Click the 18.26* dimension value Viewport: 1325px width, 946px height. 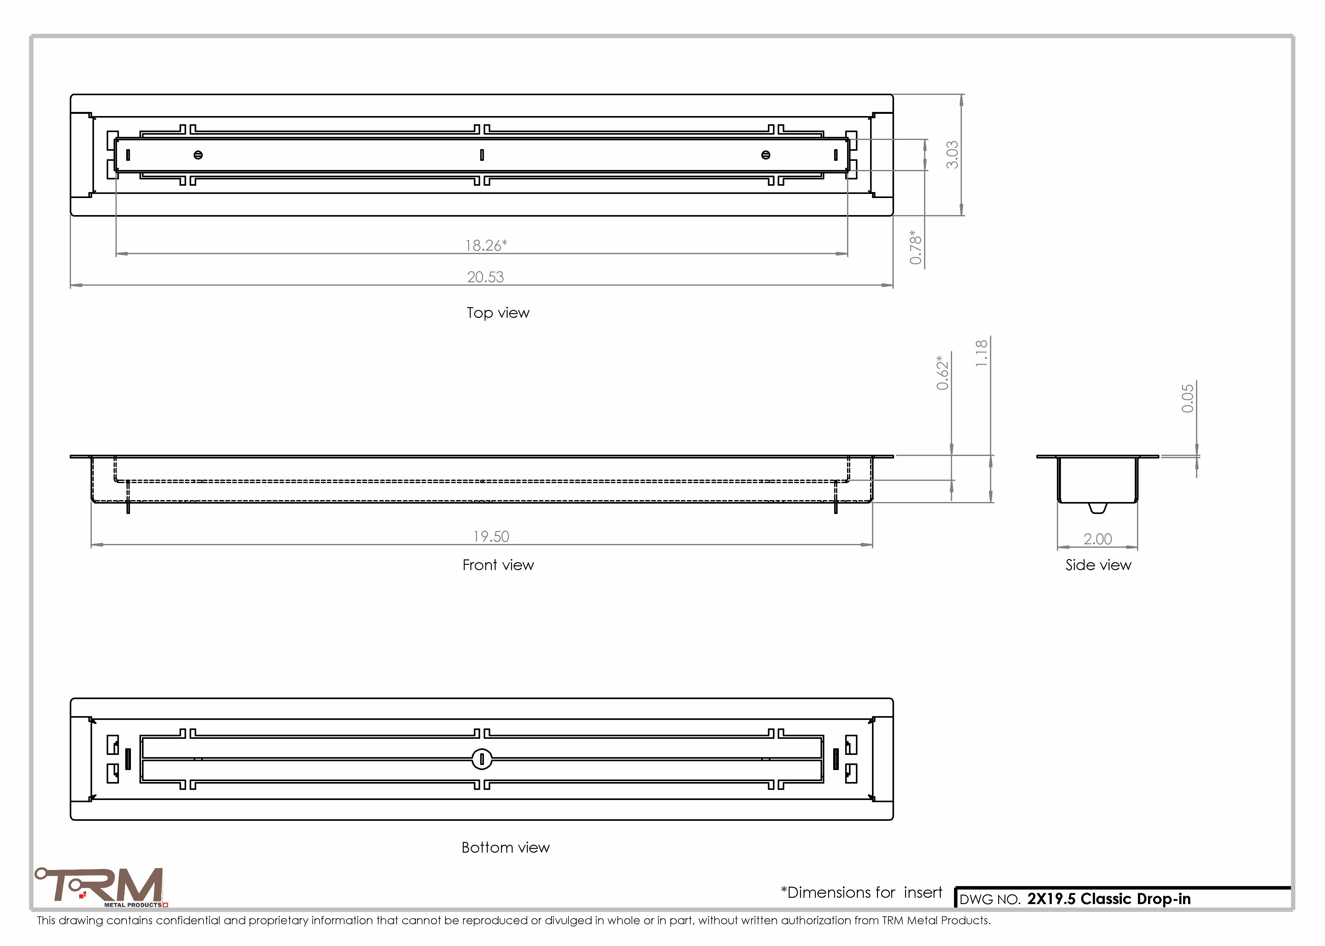point(486,245)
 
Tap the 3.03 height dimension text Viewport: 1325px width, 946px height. point(951,155)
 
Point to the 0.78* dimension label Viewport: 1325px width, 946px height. point(916,248)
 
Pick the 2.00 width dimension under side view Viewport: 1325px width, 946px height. point(1098,539)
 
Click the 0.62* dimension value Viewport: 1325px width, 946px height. point(942,373)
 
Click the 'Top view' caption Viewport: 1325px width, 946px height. point(498,313)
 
